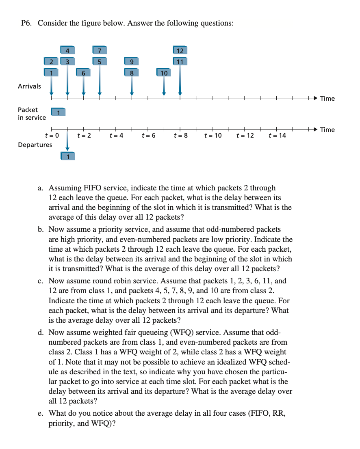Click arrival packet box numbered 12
(180, 50)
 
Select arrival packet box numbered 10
(164, 73)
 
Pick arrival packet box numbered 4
(67, 50)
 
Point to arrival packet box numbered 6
(83, 73)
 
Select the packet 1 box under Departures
(67, 156)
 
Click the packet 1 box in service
(59, 112)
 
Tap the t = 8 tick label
(180, 135)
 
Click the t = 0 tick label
(52, 135)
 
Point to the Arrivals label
(29, 86)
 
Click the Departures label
(35, 145)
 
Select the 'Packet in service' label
(32, 113)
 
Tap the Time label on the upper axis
(327, 98)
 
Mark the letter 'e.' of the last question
(41, 413)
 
